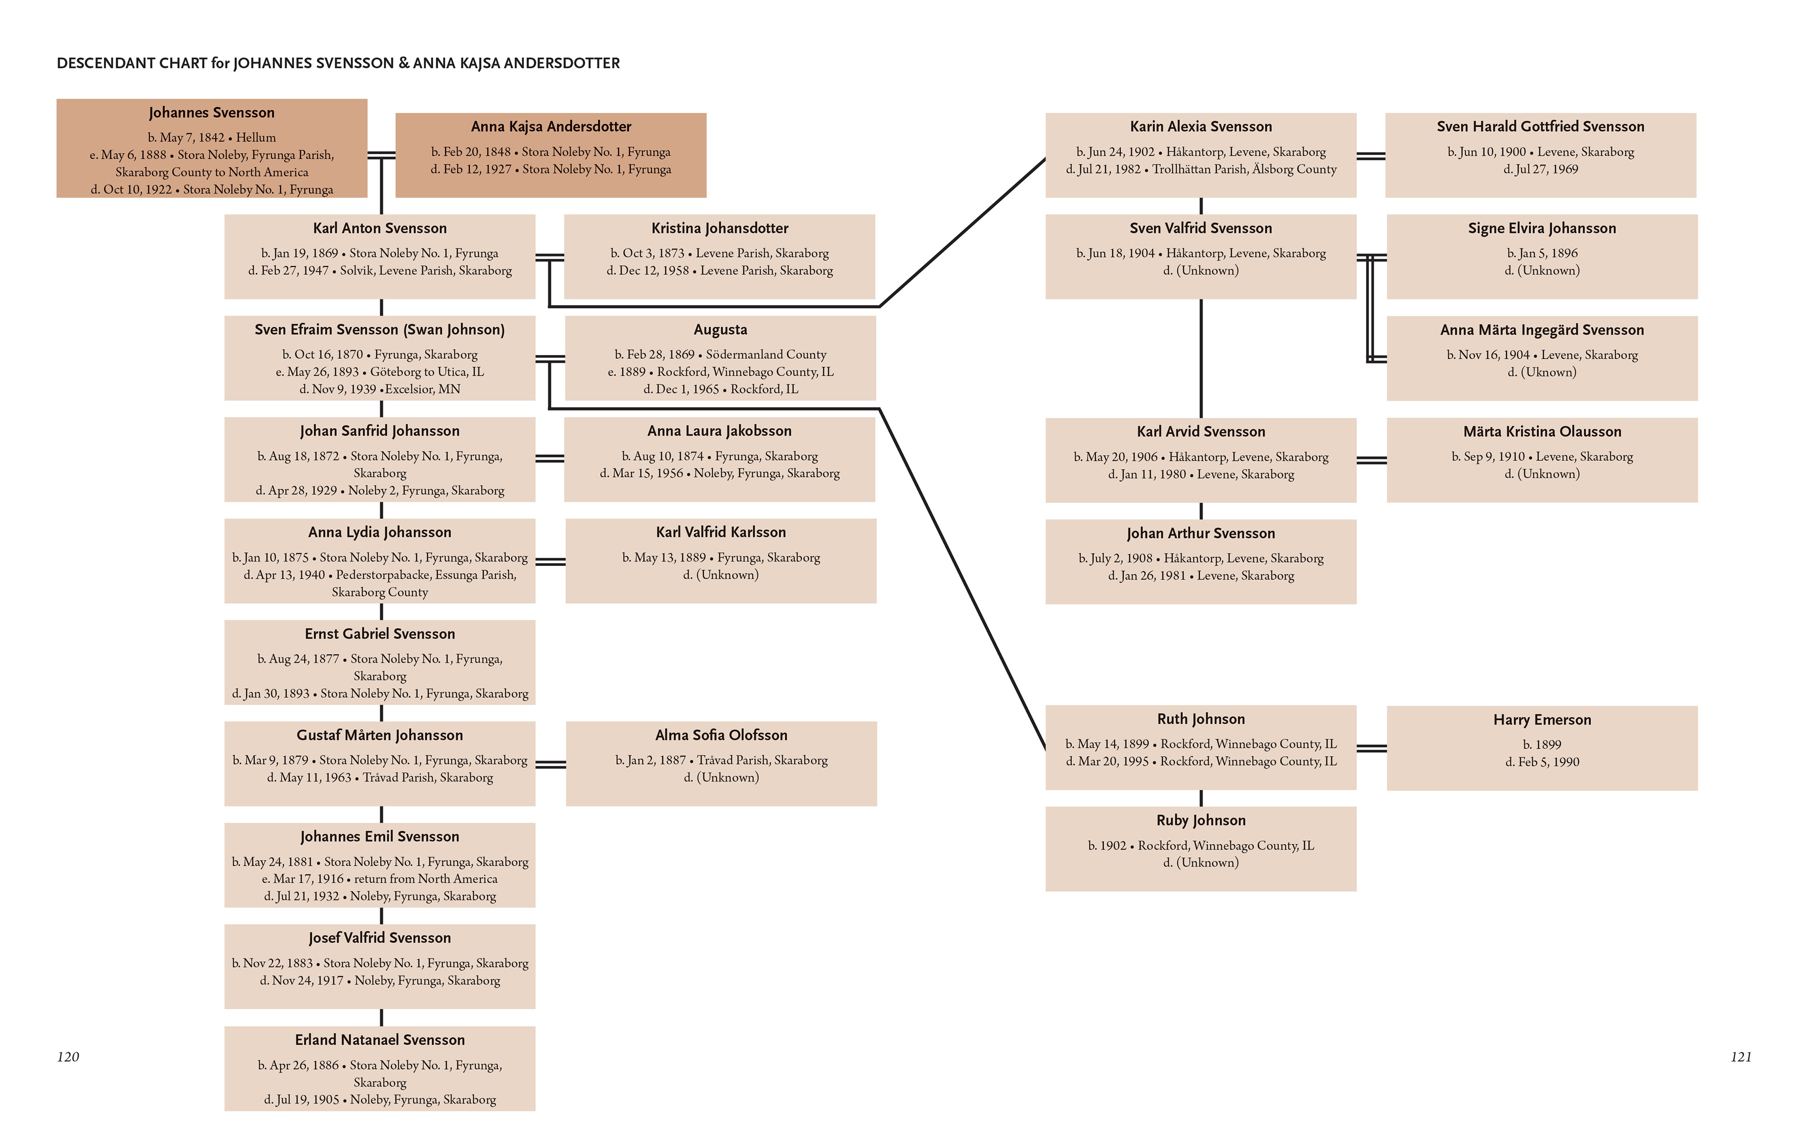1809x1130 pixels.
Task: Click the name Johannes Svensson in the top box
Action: [x=212, y=113]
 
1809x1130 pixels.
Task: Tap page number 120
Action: [x=68, y=1057]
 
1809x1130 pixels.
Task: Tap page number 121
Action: [x=1741, y=1057]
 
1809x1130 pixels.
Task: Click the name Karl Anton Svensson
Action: [x=380, y=228]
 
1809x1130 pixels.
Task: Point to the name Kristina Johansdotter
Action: [x=720, y=228]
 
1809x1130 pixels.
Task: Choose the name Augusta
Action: [x=720, y=330]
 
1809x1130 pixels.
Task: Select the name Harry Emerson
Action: [x=1542, y=720]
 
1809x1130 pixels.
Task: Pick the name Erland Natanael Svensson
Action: [x=380, y=1040]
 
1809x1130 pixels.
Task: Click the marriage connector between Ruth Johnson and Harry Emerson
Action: [x=1372, y=748]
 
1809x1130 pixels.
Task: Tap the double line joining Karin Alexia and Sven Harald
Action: [x=1371, y=155]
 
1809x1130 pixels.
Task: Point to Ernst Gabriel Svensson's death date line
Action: [x=380, y=694]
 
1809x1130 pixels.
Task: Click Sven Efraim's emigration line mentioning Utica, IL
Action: [x=380, y=372]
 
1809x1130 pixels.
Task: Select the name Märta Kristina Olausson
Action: [x=1542, y=432]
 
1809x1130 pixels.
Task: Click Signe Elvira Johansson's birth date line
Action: [x=1542, y=253]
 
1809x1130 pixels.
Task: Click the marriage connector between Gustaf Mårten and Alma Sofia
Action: [x=551, y=764]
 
